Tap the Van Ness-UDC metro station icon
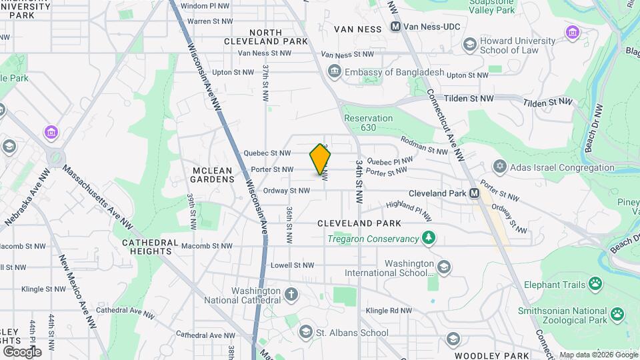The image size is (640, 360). [395, 27]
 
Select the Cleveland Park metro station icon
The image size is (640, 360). [474, 193]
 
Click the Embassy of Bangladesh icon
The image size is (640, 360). [333, 71]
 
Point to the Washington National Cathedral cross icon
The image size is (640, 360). [291, 294]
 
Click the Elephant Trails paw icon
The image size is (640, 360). [595, 284]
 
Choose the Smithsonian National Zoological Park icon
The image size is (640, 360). [618, 313]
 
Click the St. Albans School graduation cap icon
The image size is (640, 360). [306, 331]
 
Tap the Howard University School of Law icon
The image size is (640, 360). [469, 45]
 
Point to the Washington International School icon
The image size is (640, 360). [444, 268]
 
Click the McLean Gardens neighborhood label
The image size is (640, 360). [213, 175]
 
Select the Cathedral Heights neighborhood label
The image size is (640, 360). [150, 247]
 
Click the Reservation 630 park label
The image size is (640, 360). [368, 123]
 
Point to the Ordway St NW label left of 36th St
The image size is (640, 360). [287, 191]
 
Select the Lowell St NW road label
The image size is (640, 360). [291, 265]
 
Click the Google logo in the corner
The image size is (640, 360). [22, 351]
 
